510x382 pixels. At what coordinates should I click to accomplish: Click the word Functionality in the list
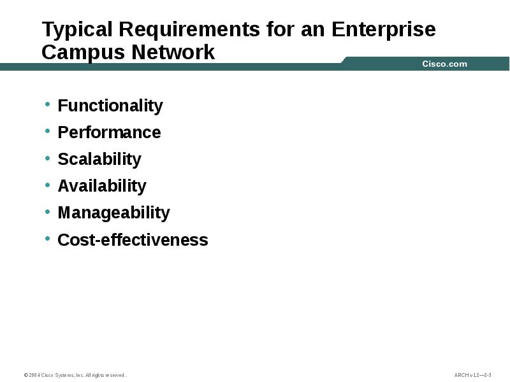coord(110,106)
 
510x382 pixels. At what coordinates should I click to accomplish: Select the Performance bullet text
coord(109,132)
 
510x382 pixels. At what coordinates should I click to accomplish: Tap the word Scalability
coord(99,159)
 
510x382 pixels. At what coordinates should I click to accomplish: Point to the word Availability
coord(102,186)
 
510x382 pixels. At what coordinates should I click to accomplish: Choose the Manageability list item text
coord(113,213)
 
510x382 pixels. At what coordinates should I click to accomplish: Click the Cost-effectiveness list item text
coord(133,240)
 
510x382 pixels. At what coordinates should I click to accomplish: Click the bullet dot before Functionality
coord(48,104)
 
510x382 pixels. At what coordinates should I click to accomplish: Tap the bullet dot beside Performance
coord(48,131)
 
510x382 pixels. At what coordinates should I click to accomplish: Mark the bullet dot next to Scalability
coord(48,157)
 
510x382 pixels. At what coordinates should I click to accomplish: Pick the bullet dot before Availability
coord(48,184)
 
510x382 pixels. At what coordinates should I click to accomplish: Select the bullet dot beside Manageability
coord(48,211)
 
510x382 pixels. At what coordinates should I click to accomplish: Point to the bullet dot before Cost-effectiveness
coord(48,238)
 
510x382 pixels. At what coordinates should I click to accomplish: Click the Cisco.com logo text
coord(444,64)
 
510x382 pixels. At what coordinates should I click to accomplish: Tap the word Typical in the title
coord(77,30)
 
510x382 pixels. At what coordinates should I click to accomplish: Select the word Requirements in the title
coord(189,30)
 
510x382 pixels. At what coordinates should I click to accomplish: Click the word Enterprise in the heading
coord(384,30)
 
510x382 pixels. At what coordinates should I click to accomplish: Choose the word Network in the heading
coord(173,52)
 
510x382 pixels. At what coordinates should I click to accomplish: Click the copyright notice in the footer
coord(75,375)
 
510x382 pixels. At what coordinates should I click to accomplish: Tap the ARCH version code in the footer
coord(472,375)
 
